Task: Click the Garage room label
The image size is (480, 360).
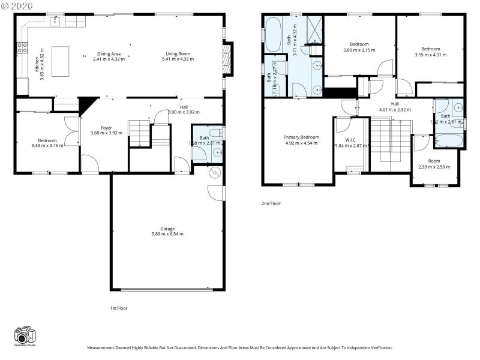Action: [167, 229]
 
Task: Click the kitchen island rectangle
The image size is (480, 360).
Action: [61, 61]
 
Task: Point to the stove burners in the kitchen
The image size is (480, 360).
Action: [22, 48]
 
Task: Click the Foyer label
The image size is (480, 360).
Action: [106, 127]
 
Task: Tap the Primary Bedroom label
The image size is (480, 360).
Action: [301, 137]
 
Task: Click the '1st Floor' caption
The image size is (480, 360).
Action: [118, 308]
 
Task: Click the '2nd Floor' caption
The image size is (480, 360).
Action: [271, 203]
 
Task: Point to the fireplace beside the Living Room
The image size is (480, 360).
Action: [226, 60]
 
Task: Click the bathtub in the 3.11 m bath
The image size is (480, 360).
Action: [273, 35]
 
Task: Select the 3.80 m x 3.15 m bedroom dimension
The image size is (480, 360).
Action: [359, 50]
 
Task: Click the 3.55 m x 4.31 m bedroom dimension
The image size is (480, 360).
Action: [430, 55]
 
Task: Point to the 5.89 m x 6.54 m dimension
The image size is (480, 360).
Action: [167, 234]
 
